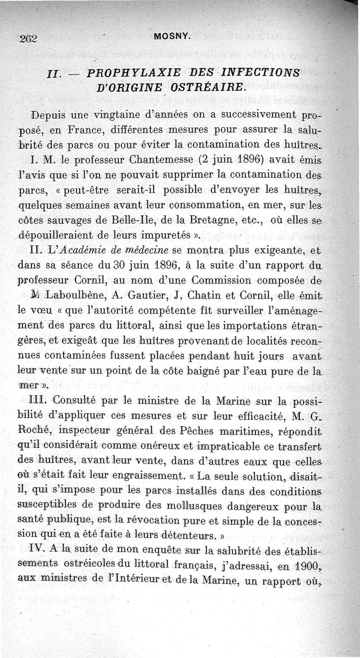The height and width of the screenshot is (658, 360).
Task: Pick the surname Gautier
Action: click(140, 296)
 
